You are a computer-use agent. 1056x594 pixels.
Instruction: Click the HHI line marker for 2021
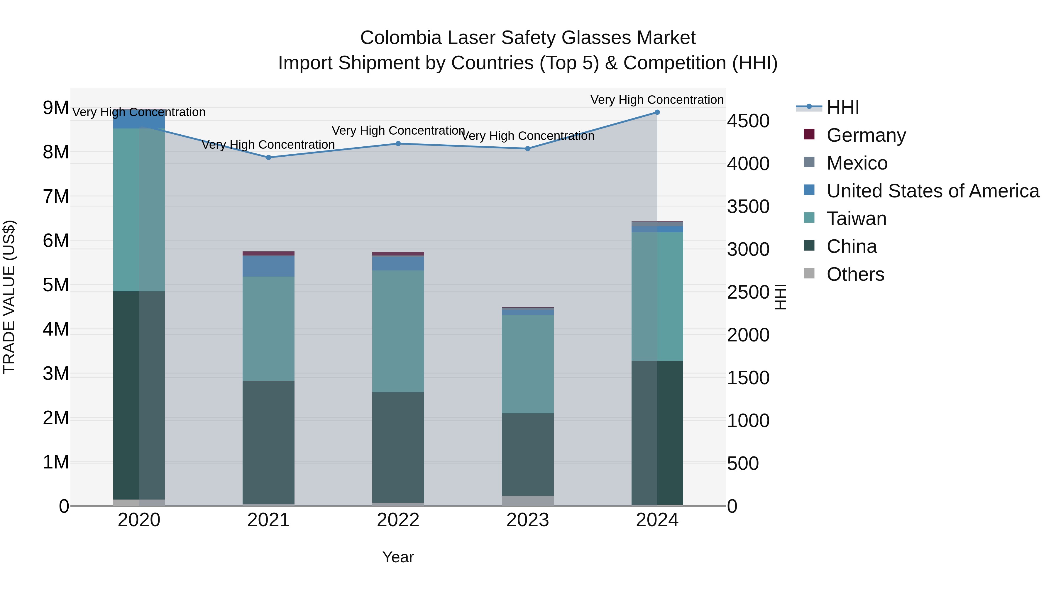(268, 158)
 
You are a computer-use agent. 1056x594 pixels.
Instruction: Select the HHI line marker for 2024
(657, 112)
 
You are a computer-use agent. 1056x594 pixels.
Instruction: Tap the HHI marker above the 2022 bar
(398, 143)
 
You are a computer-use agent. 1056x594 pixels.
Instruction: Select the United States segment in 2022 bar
(398, 263)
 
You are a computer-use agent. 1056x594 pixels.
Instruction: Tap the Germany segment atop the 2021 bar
(268, 253)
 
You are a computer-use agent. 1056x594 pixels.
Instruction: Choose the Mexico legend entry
(857, 163)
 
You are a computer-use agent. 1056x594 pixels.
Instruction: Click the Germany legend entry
(866, 135)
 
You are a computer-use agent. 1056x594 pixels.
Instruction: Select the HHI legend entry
(842, 107)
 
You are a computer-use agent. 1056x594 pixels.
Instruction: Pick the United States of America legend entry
(933, 191)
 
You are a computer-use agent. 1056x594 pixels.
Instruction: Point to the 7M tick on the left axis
(56, 196)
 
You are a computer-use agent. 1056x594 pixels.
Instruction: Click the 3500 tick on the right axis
(748, 207)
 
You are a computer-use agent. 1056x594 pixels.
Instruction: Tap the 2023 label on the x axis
(528, 520)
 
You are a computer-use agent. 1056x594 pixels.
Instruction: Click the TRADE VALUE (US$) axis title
(9, 297)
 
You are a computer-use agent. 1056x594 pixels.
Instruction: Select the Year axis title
(398, 557)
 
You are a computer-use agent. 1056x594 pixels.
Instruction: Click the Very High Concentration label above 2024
(657, 100)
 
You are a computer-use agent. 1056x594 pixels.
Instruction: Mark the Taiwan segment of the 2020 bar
(139, 210)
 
